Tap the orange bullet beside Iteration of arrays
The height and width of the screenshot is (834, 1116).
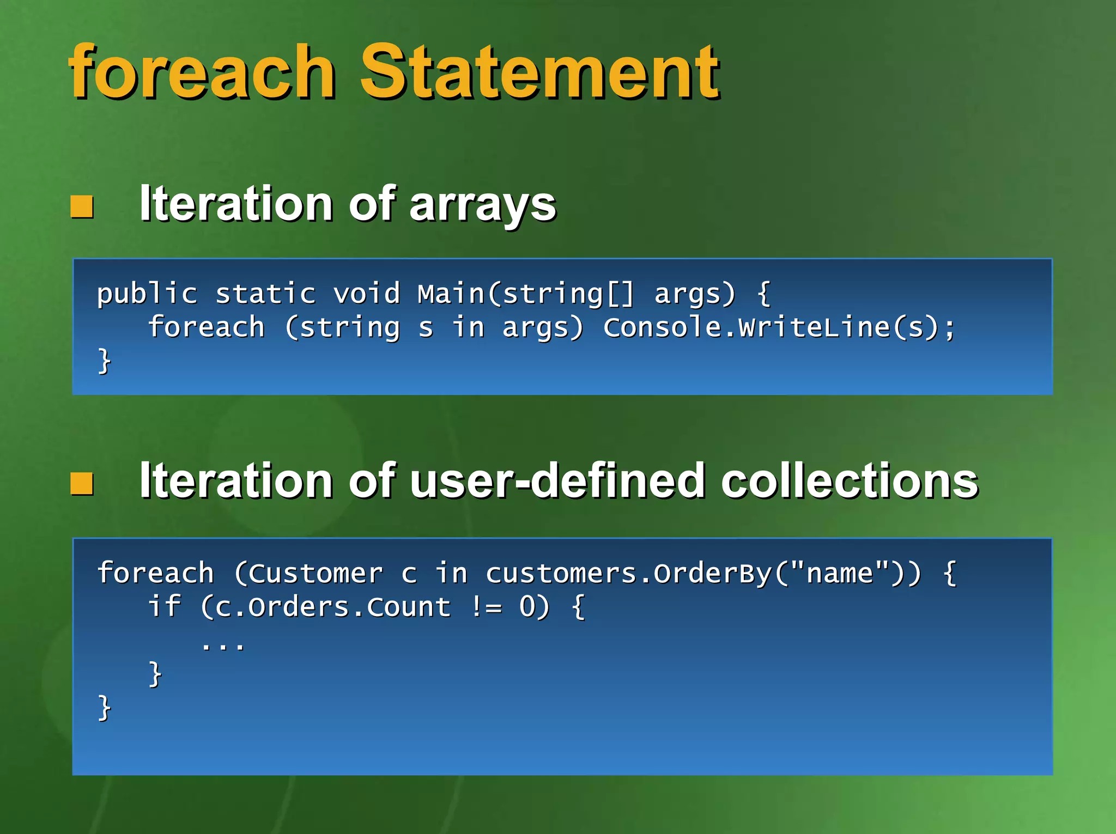pos(82,206)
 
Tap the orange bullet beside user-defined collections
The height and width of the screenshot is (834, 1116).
pos(82,483)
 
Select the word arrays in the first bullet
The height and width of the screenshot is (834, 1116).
pos(482,204)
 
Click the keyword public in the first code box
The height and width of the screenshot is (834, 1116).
pos(147,294)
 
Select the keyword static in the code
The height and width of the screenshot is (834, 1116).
pos(265,294)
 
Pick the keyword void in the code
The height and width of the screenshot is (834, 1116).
pos(367,294)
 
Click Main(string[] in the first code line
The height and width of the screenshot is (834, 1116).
pos(526,294)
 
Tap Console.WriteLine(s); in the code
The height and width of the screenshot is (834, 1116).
pos(779,327)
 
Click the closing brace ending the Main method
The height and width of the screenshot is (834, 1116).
pos(104,361)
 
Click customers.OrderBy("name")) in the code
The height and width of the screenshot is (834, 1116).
pos(703,574)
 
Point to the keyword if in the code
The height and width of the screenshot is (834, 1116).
pos(164,607)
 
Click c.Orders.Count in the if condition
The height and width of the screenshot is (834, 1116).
pos(332,607)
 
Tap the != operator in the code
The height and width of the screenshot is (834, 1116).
pos(486,607)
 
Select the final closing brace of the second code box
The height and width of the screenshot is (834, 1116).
pos(104,708)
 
